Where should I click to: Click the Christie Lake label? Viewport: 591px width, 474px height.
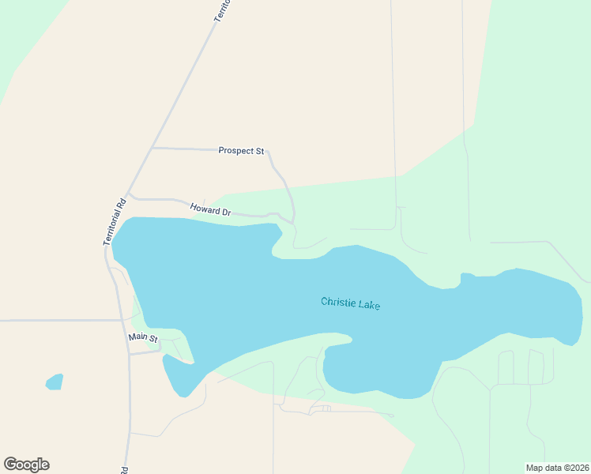click(351, 303)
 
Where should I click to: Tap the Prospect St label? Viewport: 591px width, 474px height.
click(241, 150)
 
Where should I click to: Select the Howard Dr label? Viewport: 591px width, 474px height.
click(210, 210)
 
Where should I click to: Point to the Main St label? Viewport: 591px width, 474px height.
click(144, 338)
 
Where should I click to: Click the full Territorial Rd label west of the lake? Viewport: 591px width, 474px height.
click(115, 220)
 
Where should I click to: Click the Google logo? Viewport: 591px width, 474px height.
click(26, 465)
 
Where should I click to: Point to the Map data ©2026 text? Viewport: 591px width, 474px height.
click(557, 468)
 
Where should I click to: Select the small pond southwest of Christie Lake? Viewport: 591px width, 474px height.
click(54, 382)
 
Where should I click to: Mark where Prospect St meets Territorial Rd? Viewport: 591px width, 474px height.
click(152, 147)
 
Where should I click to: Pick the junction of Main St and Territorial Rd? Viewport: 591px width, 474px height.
click(130, 354)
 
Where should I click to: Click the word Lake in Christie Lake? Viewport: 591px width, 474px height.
click(368, 303)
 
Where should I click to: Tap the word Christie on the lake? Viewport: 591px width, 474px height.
click(337, 302)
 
